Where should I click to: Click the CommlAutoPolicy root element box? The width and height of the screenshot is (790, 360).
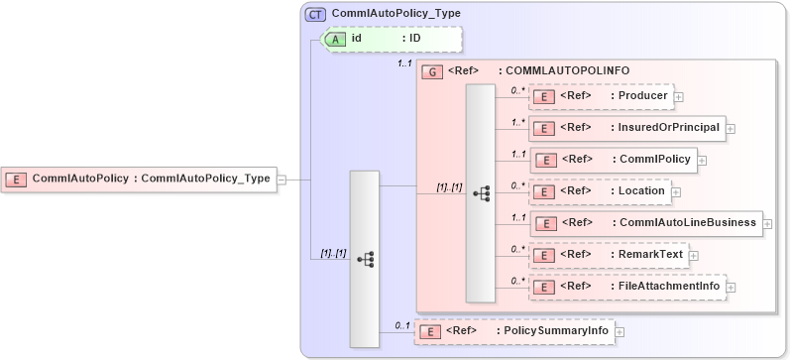click(x=138, y=180)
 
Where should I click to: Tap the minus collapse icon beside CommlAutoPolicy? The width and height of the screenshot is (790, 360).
click(x=282, y=180)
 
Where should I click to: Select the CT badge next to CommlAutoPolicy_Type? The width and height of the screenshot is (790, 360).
click(x=315, y=14)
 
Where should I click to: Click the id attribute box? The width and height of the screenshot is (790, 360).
click(x=393, y=39)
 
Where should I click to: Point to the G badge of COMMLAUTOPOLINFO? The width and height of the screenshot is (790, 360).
click(x=431, y=71)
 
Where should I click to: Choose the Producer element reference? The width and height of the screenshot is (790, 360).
click(x=602, y=96)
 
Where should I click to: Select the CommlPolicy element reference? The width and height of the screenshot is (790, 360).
click(x=614, y=159)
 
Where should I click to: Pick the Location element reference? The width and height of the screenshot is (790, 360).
click(x=601, y=190)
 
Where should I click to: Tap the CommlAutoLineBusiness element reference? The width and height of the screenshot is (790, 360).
click(x=645, y=223)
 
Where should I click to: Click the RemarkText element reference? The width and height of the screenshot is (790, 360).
click(x=608, y=255)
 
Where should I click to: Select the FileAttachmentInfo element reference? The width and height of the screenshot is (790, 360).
click(x=626, y=287)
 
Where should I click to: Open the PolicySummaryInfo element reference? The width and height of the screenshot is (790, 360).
click(x=512, y=330)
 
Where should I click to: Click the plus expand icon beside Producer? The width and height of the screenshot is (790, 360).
click(x=679, y=97)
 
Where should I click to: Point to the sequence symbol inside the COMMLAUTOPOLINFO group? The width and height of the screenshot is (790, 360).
click(x=481, y=193)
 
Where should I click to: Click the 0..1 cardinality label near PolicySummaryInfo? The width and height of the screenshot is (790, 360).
click(x=401, y=324)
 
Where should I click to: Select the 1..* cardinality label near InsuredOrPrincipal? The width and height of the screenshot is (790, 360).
click(x=517, y=122)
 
